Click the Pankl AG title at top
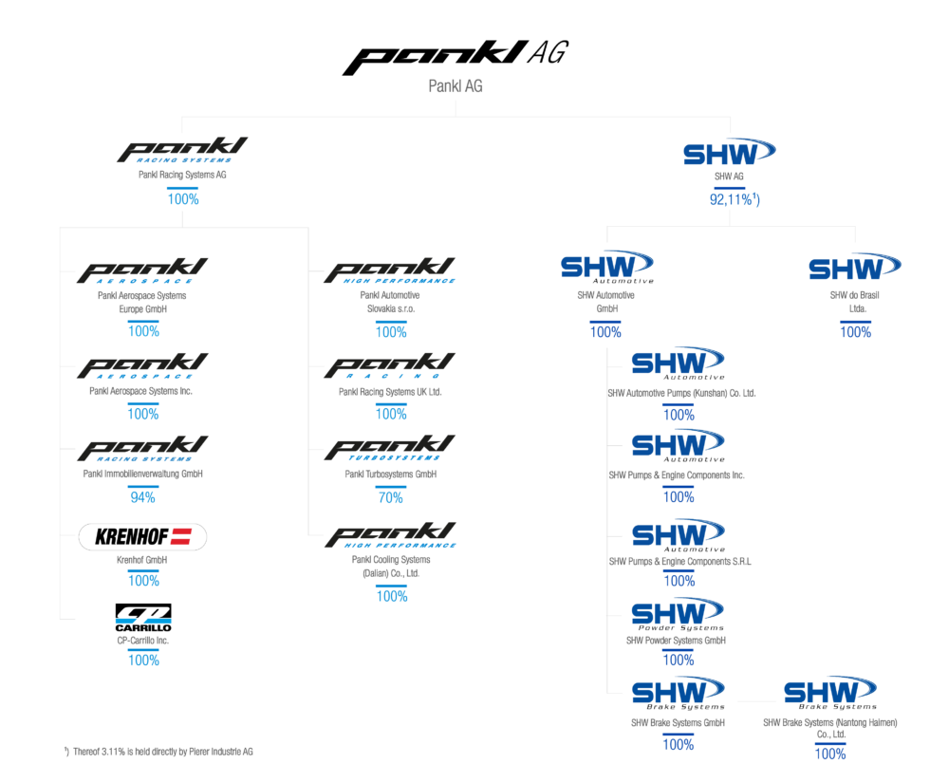[x=456, y=86]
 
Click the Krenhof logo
[x=142, y=538]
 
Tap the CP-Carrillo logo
[x=143, y=615]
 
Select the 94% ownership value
[x=143, y=496]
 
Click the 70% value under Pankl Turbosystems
[x=391, y=496]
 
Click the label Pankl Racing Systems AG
[x=182, y=175]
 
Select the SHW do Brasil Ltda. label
[x=856, y=301]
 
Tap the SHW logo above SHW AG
[x=729, y=153]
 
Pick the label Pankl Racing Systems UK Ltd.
[x=390, y=391]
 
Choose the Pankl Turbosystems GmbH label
[x=390, y=474]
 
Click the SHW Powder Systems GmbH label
[x=677, y=640]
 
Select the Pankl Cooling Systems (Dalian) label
[x=391, y=567]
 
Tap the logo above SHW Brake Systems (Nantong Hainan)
[x=829, y=691]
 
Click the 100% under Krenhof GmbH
[x=143, y=580]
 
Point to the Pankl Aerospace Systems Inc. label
[x=141, y=391]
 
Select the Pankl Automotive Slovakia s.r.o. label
[x=391, y=302]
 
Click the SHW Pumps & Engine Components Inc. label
[x=677, y=475]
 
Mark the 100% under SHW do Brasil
[x=855, y=332]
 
